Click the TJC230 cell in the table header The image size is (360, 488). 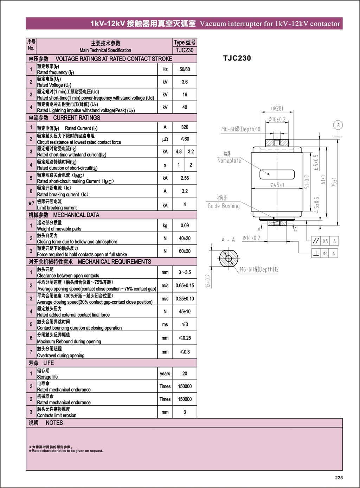point(185,50)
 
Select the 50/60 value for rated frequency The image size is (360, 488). point(185,69)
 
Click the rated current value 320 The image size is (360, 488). point(185,127)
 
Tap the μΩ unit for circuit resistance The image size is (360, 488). point(165,139)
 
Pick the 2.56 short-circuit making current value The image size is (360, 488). point(185,178)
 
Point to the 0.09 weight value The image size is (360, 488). point(185,226)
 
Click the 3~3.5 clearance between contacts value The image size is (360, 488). point(185,272)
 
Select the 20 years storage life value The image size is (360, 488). point(185,373)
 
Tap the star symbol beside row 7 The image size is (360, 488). point(30,203)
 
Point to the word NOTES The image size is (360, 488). point(54,423)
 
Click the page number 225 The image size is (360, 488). point(339,477)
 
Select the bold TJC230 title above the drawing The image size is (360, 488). point(237,58)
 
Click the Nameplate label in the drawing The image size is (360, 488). point(229,161)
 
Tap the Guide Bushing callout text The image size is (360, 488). point(224,206)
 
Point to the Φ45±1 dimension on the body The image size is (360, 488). point(277,185)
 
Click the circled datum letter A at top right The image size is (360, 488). point(338,125)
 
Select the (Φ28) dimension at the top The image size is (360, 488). point(277,109)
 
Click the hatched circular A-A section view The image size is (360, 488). point(229,259)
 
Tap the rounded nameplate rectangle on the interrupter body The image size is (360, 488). point(277,174)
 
